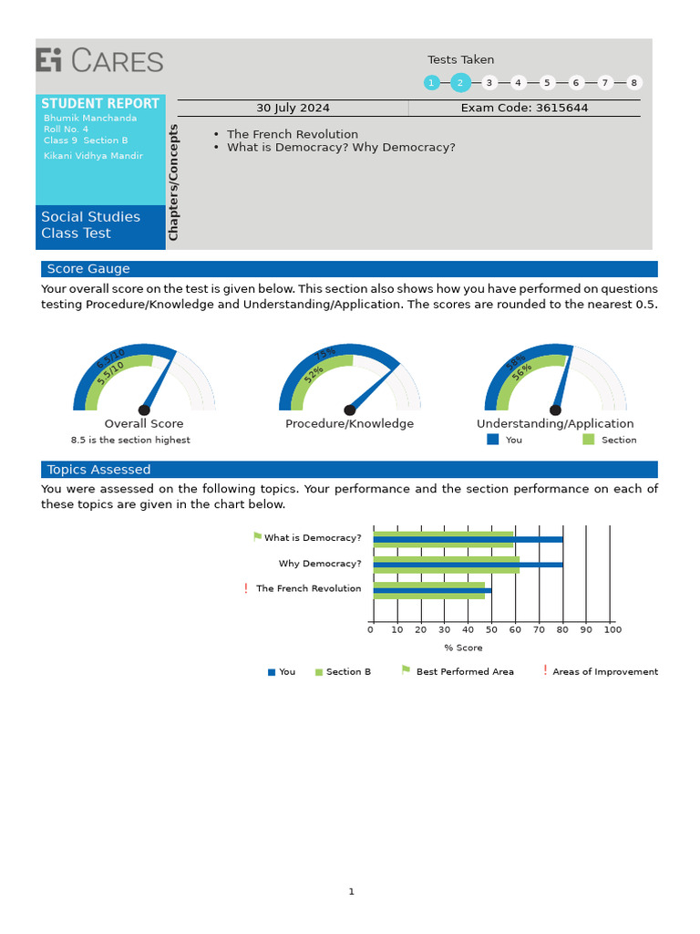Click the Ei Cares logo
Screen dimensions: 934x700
pyautogui.click(x=99, y=61)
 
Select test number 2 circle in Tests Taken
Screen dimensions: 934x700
pyautogui.click(x=460, y=83)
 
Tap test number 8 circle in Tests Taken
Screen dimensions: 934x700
pyautogui.click(x=633, y=83)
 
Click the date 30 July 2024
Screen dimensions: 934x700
pyautogui.click(x=293, y=108)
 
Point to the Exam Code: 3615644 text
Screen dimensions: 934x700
pyautogui.click(x=524, y=108)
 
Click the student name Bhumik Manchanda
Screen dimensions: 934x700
pyautogui.click(x=90, y=118)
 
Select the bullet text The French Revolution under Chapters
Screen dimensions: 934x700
pyautogui.click(x=293, y=134)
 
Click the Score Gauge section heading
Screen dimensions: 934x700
pyautogui.click(x=88, y=269)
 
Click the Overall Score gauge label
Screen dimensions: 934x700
pyautogui.click(x=144, y=423)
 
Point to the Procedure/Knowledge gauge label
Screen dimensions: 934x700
pyautogui.click(x=349, y=423)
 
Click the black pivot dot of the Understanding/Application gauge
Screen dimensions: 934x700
pyautogui.click(x=555, y=410)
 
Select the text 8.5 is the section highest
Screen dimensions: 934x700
pyautogui.click(x=130, y=440)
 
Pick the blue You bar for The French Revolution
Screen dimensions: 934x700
pyautogui.click(x=432, y=590)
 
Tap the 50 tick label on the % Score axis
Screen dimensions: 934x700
pyautogui.click(x=491, y=629)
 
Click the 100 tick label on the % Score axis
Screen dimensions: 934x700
pyautogui.click(x=612, y=629)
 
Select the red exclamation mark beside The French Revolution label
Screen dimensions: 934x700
pyautogui.click(x=246, y=589)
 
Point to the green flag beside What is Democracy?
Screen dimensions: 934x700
pyautogui.click(x=257, y=537)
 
